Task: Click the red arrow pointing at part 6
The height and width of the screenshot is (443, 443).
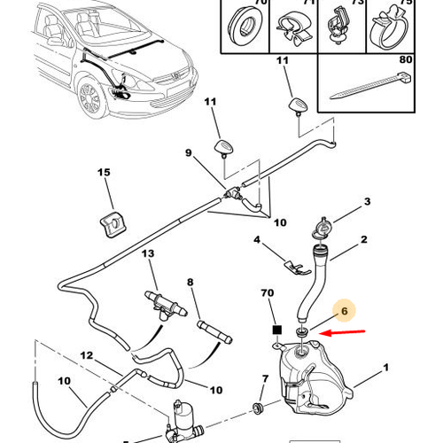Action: point(343,333)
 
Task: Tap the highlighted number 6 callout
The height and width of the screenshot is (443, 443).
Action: point(345,311)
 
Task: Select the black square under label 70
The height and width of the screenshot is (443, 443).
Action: point(277,330)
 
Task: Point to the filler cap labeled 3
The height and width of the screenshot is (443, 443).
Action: point(323,229)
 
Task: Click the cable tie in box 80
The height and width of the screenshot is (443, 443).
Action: point(370,85)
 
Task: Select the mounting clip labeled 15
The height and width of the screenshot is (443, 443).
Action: point(113,224)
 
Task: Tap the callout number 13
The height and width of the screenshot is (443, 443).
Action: point(148,253)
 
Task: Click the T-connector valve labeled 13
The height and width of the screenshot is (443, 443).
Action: point(166,306)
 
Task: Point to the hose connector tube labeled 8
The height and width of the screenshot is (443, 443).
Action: point(214,332)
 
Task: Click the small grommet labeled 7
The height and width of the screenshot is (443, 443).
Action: point(259,408)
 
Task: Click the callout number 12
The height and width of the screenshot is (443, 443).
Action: point(86,355)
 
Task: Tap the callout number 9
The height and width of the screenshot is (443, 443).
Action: point(189,153)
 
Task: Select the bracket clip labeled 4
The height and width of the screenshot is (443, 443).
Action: point(298,267)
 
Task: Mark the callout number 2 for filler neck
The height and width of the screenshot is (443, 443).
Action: point(364,239)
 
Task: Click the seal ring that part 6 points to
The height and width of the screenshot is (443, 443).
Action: point(302,331)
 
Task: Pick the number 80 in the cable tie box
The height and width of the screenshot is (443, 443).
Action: point(406,59)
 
